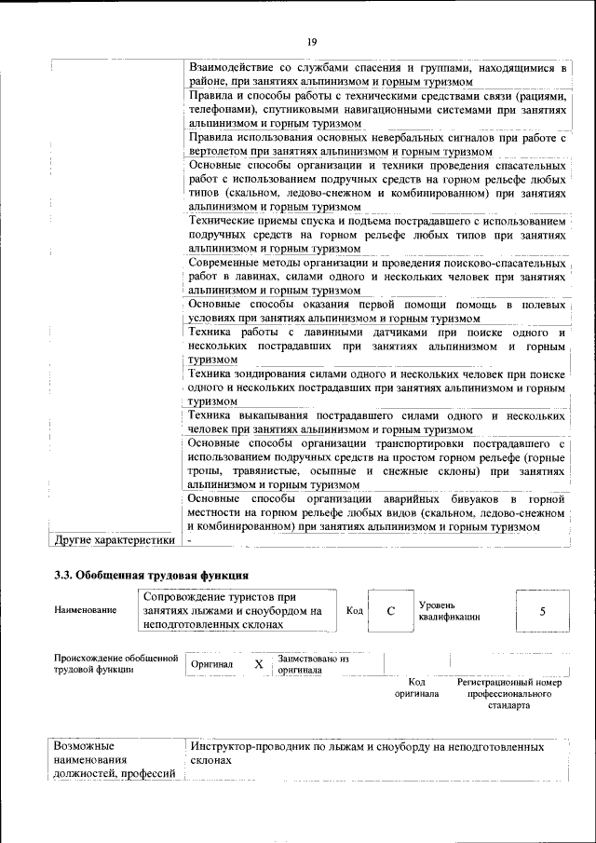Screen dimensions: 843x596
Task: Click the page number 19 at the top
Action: (312, 42)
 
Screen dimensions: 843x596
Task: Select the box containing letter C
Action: (391, 611)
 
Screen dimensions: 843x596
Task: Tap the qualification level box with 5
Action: (542, 611)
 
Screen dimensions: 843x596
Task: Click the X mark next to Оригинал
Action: (259, 664)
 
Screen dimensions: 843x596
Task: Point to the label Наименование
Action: (86, 610)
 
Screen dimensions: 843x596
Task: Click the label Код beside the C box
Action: (354, 610)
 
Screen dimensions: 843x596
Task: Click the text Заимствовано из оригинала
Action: (312, 664)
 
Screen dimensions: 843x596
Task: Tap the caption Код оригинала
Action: (416, 688)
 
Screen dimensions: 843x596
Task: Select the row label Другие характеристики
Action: (115, 539)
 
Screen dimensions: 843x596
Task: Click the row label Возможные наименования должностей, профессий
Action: (115, 761)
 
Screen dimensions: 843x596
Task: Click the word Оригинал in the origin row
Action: (211, 665)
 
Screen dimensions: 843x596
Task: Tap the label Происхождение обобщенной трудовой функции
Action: (115, 664)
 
